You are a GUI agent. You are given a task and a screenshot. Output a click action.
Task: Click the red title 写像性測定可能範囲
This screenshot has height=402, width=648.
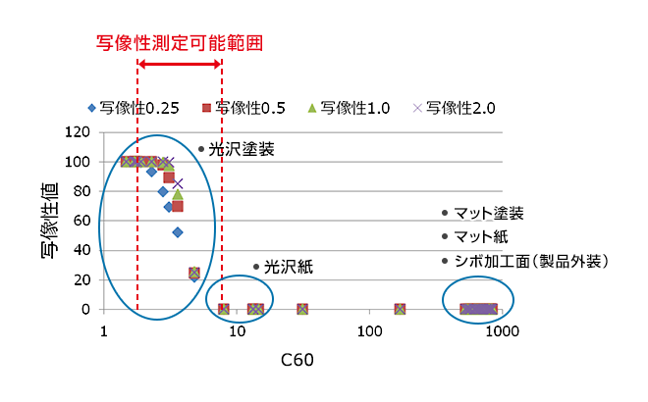point(180,43)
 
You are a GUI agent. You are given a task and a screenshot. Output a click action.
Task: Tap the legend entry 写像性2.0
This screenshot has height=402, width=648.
point(457,109)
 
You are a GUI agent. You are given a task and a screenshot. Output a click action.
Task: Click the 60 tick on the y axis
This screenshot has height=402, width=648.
point(84,221)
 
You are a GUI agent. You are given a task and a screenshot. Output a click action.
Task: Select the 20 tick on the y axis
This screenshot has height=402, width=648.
point(84,279)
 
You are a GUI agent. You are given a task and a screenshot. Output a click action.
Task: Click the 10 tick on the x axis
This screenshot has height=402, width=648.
point(237,330)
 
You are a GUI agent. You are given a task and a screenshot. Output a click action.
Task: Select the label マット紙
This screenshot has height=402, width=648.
point(480,237)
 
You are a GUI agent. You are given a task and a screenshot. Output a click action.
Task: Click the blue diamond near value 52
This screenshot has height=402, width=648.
point(178,232)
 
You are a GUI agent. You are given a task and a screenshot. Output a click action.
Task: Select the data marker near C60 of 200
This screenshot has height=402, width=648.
point(401,310)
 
